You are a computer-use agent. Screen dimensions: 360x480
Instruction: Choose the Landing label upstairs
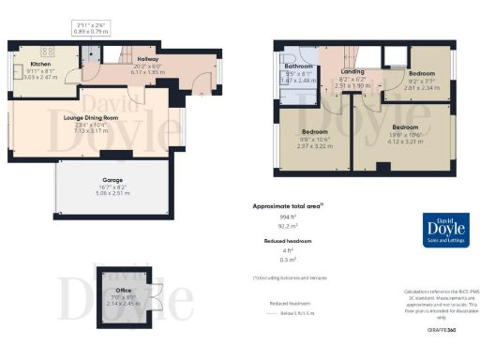click(x=353, y=71)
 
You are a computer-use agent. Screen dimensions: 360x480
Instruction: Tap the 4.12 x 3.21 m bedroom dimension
click(x=405, y=141)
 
